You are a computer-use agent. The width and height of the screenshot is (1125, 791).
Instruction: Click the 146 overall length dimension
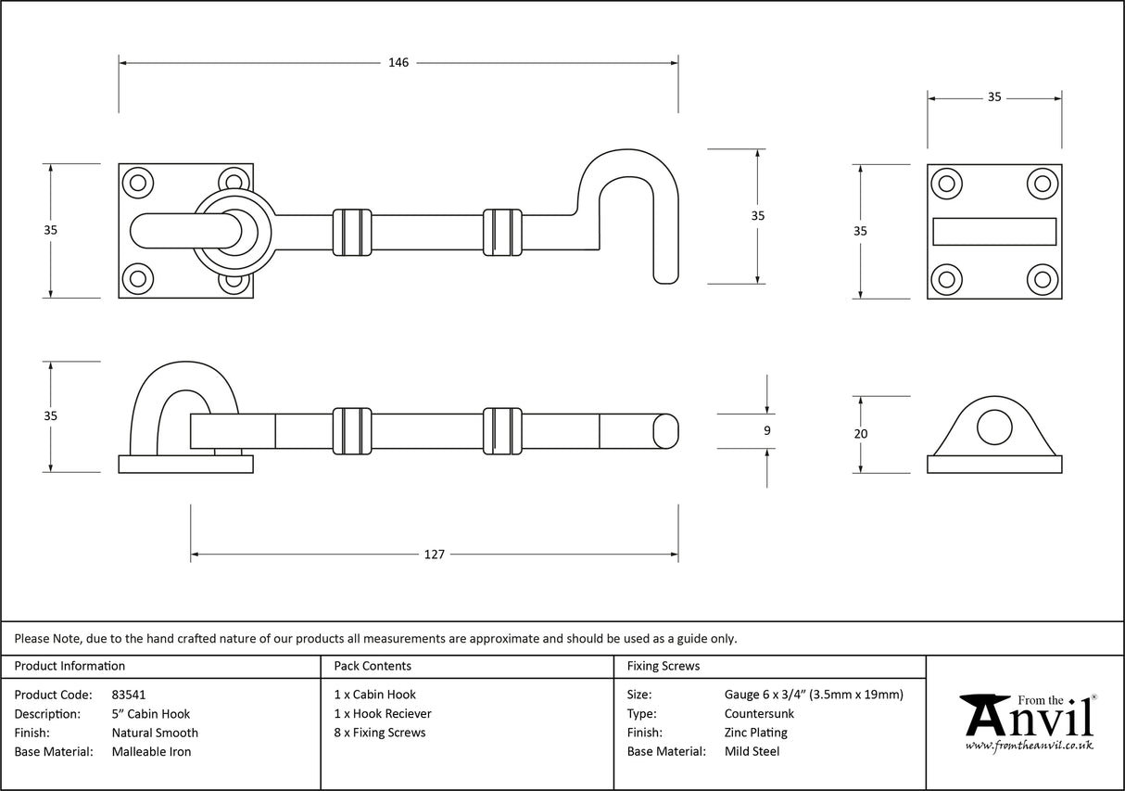[398, 63]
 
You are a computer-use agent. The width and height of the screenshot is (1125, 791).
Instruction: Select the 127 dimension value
[434, 555]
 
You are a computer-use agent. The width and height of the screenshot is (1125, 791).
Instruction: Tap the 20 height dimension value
[861, 433]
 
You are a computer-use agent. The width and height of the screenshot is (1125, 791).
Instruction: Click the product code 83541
[128, 695]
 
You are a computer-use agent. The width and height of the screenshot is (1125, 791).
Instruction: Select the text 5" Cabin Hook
[150, 714]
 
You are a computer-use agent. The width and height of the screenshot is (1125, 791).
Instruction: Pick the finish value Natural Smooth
[155, 733]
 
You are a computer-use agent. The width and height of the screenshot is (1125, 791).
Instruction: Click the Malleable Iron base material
[151, 752]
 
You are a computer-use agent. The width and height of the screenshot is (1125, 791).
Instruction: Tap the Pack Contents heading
[373, 666]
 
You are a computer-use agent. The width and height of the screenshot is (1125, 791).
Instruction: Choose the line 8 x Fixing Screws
[380, 733]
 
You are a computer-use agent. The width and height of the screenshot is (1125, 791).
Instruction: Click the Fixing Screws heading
[664, 666]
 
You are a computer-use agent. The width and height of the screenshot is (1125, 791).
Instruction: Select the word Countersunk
[759, 714]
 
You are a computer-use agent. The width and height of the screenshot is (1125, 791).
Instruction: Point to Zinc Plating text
[755, 733]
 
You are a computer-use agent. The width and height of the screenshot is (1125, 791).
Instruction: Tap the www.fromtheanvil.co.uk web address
[1029, 746]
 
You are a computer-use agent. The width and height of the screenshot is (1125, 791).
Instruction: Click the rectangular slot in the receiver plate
[994, 231]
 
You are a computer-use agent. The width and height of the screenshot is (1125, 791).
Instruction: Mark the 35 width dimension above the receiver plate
[994, 96]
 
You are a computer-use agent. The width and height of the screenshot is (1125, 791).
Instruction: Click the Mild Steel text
[752, 752]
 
